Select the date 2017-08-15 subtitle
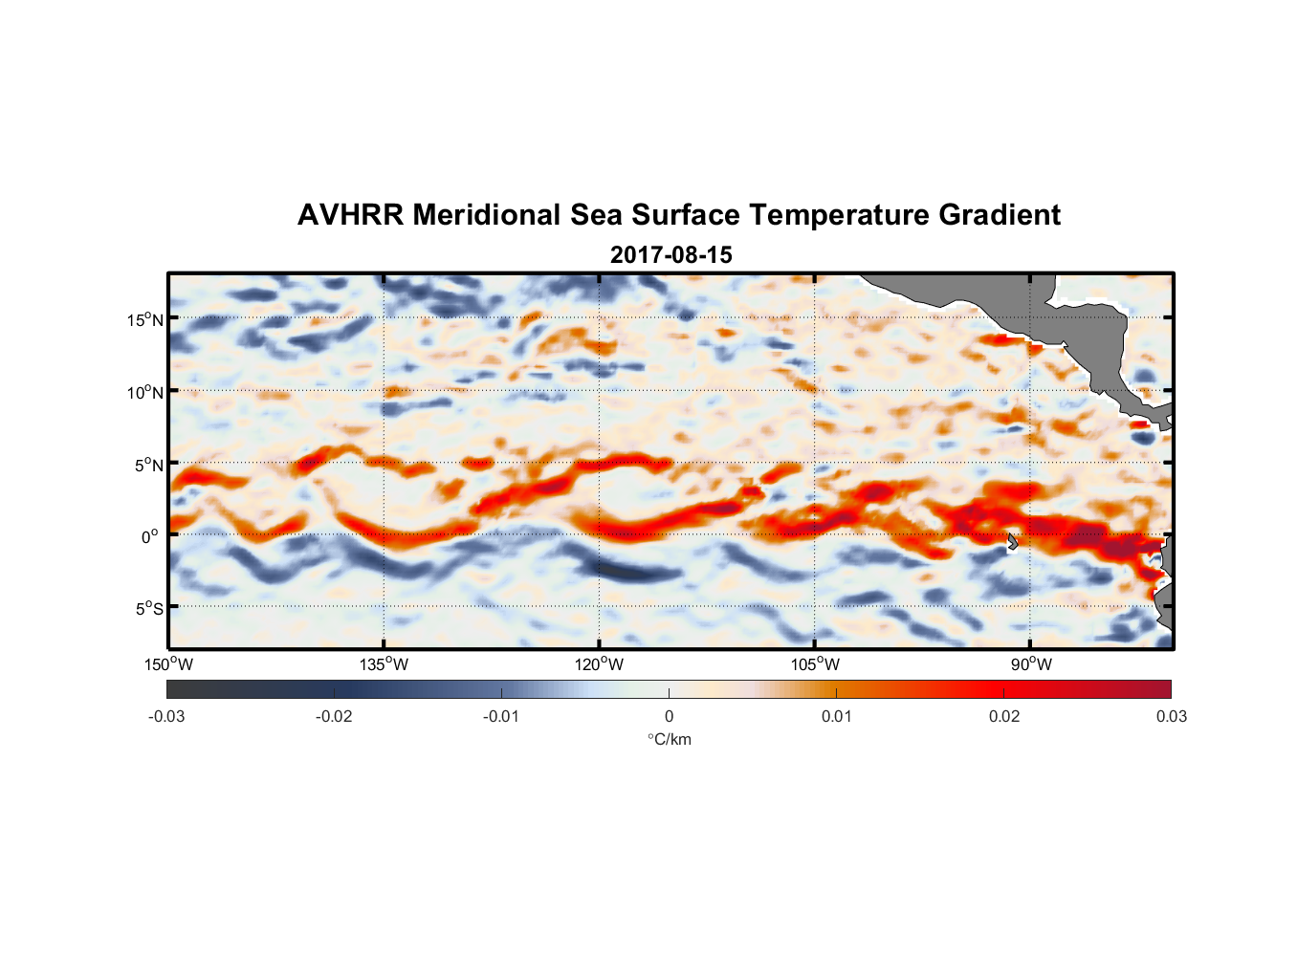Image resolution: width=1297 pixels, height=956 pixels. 670,255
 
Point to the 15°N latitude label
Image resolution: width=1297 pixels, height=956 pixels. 145,319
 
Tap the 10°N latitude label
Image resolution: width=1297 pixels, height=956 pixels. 145,392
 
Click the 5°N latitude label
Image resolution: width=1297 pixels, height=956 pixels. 148,465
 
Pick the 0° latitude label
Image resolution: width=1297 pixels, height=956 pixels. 150,536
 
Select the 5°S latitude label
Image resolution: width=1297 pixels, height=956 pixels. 148,608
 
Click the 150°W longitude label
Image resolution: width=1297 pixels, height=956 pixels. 168,664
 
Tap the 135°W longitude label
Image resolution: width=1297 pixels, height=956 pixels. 384,664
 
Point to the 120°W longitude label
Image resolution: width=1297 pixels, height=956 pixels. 599,664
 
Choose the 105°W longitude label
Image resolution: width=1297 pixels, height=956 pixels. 815,664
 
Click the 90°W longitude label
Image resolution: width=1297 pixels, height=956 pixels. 1031,664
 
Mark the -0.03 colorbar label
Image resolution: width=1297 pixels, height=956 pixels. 166,716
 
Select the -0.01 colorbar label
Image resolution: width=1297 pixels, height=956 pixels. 501,716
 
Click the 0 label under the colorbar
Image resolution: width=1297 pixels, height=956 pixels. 669,716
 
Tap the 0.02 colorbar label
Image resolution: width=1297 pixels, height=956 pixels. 1004,716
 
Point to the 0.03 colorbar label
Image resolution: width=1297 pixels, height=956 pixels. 1171,716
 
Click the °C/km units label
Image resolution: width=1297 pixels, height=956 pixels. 670,739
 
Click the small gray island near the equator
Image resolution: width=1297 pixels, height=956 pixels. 1012,542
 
